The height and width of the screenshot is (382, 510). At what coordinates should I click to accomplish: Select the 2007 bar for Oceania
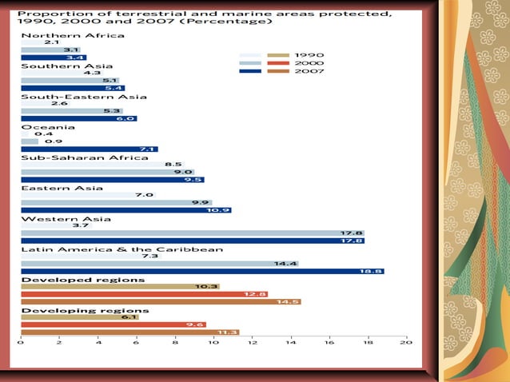(x=89, y=149)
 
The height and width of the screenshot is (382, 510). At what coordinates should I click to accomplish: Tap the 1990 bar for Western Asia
(x=56, y=225)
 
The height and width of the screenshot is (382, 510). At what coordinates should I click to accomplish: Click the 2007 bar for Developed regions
(x=160, y=301)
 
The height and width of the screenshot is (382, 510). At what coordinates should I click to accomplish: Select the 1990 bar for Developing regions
(x=79, y=316)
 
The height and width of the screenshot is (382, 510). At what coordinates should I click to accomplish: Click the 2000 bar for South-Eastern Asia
(x=71, y=111)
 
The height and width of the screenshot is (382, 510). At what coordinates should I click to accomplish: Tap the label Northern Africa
(x=72, y=35)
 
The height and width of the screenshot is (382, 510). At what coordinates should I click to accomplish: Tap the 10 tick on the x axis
(x=213, y=341)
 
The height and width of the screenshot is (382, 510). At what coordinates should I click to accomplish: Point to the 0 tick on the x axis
(x=21, y=341)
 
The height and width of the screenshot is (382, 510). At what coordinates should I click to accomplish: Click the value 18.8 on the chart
(x=373, y=272)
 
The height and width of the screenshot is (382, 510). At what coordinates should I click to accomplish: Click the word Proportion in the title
(x=47, y=13)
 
